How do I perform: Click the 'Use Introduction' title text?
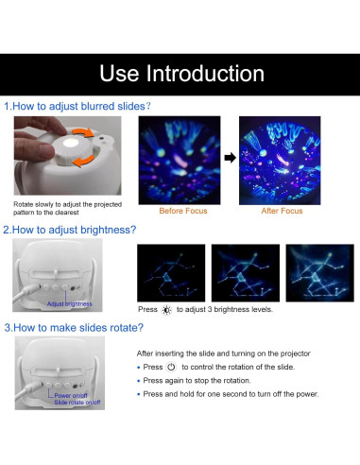point(181,74)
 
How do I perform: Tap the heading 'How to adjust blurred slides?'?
point(81,106)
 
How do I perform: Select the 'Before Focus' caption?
point(183,211)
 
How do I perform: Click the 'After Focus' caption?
point(282,211)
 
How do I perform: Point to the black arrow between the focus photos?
point(231,158)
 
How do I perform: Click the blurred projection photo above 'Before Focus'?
point(180,161)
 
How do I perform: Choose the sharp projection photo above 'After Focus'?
point(280,161)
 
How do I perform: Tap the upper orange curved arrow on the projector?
point(83,132)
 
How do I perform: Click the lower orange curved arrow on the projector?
point(83,161)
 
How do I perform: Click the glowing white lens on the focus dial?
point(71,144)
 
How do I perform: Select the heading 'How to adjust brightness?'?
point(74,230)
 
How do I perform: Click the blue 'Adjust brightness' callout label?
point(69,304)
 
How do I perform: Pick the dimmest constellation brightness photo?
point(171,273)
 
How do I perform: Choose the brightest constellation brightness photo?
point(319,273)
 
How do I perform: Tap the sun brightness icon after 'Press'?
point(166,310)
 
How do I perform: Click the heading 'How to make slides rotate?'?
point(78,328)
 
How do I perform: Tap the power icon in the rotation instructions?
point(171,367)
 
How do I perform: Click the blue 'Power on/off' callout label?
point(71,395)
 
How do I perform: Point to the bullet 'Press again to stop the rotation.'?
point(197,381)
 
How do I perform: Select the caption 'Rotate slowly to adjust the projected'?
point(67,204)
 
